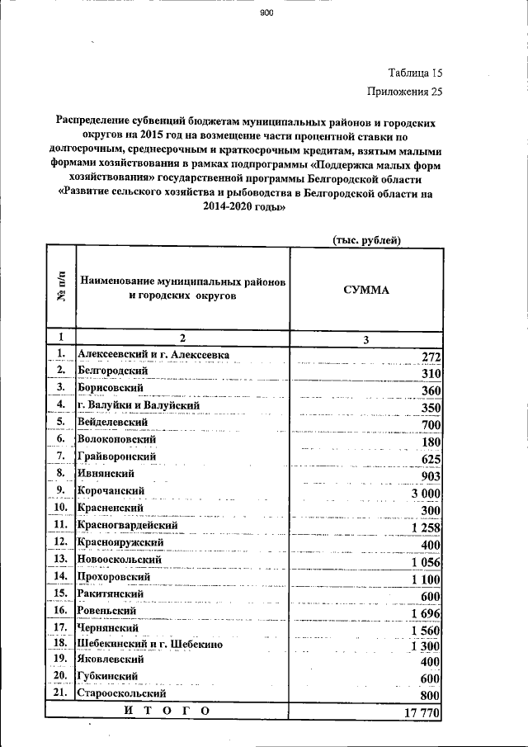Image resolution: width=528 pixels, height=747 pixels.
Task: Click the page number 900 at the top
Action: click(x=265, y=14)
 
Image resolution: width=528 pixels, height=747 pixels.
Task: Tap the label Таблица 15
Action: click(x=415, y=73)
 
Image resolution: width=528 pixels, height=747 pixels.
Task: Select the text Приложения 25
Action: click(x=405, y=92)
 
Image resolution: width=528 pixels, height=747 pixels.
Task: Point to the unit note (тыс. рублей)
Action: click(x=366, y=240)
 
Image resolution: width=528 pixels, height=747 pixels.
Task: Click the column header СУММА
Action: click(x=366, y=290)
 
